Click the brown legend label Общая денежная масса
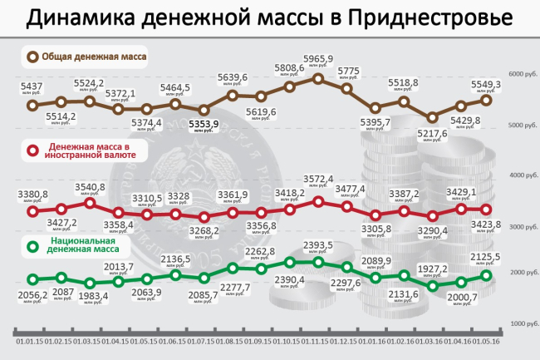point(96,57)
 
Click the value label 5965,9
point(318,59)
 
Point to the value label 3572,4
point(318,179)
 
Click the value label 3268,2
point(204,230)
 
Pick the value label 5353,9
point(204,124)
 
